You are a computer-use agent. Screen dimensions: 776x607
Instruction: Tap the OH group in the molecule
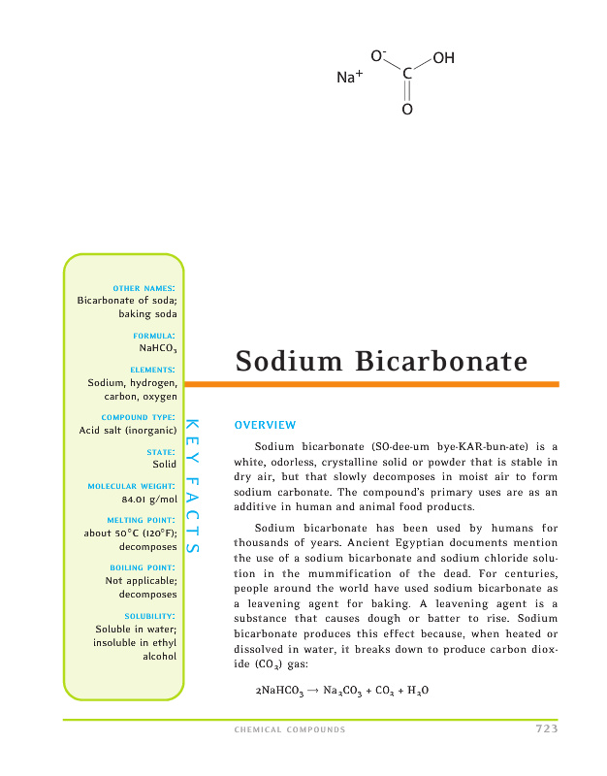pos(444,59)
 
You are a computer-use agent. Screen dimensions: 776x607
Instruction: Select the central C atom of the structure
pos(407,74)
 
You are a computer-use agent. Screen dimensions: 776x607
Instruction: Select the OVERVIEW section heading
pos(265,425)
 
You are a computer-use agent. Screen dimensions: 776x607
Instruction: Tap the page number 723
pos(546,729)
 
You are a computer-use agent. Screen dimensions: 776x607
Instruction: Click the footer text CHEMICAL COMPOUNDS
pos(290,730)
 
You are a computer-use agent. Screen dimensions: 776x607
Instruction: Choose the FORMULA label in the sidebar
pos(154,335)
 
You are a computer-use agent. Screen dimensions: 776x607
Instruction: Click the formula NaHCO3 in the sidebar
pos(158,347)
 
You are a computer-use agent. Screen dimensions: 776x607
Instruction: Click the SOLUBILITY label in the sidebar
pos(150,615)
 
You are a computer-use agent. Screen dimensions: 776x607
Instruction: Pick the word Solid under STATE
pos(164,466)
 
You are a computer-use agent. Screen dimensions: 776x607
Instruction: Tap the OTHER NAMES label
pos(144,287)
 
